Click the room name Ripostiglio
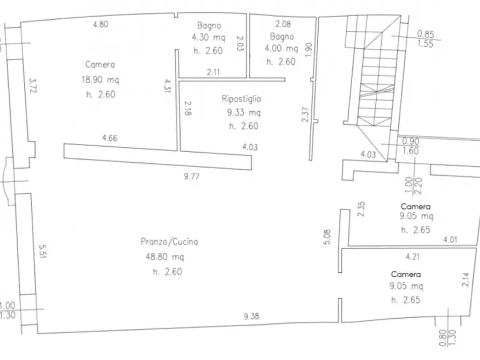241,99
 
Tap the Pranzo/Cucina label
169,242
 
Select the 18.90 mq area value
100,80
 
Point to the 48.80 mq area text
164,256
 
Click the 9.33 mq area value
243,113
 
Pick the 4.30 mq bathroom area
209,38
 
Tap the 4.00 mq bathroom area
281,48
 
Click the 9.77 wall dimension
192,176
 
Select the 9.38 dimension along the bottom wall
252,316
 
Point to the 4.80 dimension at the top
101,24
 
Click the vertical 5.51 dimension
42,251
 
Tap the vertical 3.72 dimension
33,86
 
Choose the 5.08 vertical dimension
327,237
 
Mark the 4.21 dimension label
413,256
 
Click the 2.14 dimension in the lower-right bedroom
465,279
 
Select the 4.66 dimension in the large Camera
110,138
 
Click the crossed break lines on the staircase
377,90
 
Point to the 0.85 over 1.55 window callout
426,39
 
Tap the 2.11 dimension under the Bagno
213,72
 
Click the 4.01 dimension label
450,240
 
